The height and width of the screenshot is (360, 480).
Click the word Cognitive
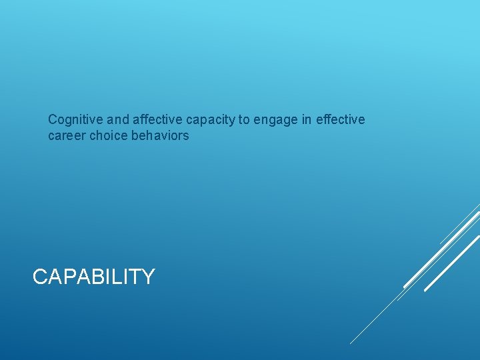pyautogui.click(x=75, y=120)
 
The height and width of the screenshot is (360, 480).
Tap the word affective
pyautogui.click(x=157, y=120)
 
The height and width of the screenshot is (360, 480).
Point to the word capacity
pyautogui.click(x=210, y=120)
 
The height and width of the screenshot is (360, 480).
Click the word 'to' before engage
pyautogui.click(x=244, y=120)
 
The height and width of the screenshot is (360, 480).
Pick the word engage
pyautogui.click(x=276, y=121)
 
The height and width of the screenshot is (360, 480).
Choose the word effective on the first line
pyautogui.click(x=341, y=120)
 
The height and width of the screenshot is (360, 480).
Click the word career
pyautogui.click(x=67, y=136)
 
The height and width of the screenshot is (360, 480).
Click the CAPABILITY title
pyautogui.click(x=93, y=277)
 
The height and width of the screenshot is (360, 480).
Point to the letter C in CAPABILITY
pyautogui.click(x=40, y=277)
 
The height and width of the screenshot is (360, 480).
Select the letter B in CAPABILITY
pyautogui.click(x=97, y=277)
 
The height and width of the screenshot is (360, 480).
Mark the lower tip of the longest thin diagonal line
pyautogui.click(x=351, y=343)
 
